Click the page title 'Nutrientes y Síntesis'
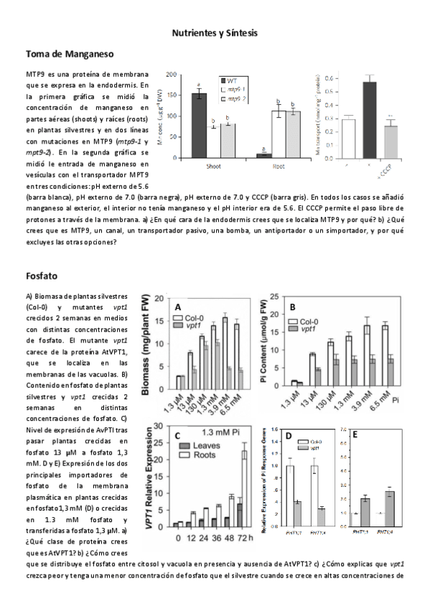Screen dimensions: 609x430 click(x=214, y=33)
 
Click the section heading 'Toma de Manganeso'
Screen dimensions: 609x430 click(x=69, y=54)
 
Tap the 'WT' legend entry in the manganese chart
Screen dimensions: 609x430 click(x=232, y=81)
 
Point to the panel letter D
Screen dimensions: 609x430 click(x=289, y=436)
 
